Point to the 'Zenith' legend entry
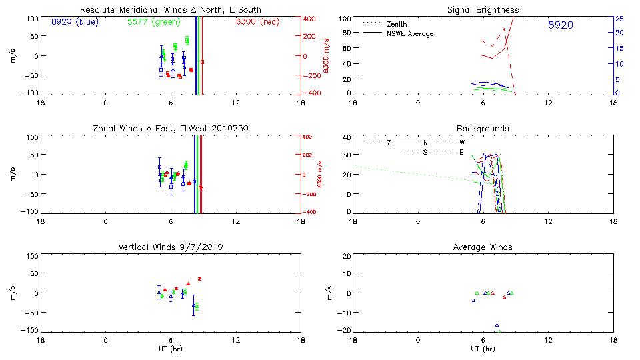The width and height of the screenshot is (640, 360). coord(397,24)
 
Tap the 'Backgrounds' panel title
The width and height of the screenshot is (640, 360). coord(483,128)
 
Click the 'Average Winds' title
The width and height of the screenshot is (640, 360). coord(483,247)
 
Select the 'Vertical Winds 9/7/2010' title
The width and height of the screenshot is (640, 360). coord(170,247)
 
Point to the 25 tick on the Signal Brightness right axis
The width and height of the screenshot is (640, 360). coord(619,19)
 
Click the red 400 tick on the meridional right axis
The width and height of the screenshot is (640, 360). coord(309,19)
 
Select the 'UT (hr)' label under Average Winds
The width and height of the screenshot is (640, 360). coord(483,349)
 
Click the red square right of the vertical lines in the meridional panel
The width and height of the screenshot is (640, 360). coord(203,62)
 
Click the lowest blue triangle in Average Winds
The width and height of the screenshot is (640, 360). coord(497,325)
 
